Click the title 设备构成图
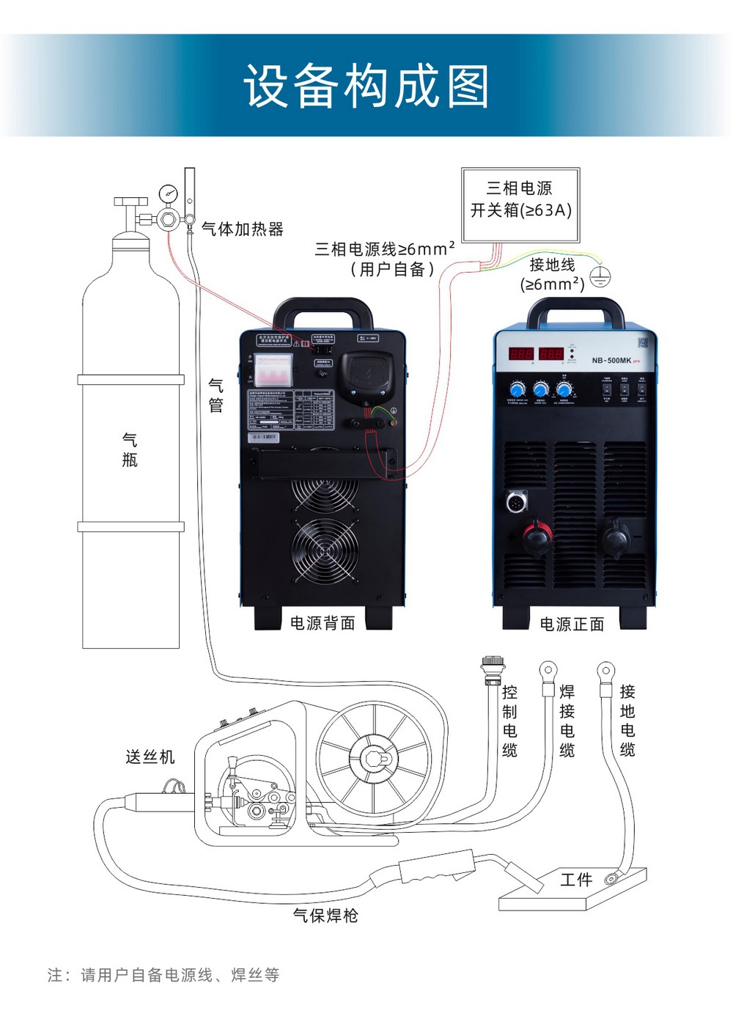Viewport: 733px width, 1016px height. (366, 86)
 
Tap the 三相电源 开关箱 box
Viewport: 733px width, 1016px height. (520, 205)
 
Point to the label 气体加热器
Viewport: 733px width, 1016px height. (243, 229)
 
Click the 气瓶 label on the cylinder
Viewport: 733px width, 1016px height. (130, 449)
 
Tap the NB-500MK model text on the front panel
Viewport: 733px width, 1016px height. (611, 361)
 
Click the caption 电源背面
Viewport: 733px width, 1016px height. (323, 623)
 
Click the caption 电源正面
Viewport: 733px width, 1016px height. (572, 624)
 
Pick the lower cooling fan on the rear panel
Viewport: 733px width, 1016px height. (325, 551)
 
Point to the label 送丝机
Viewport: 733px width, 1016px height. (150, 757)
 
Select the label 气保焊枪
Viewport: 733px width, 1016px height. (325, 915)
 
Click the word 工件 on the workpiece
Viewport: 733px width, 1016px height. (575, 879)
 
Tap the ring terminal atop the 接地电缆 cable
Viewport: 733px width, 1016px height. (605, 670)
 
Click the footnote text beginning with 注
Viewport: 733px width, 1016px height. (163, 975)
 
